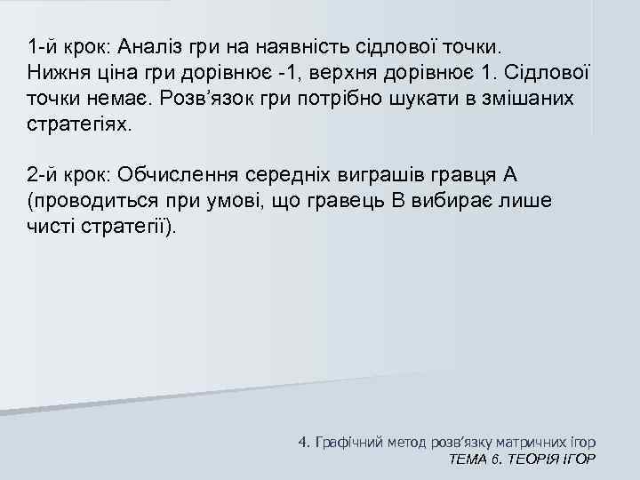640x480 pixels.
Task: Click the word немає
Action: (x=107, y=98)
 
